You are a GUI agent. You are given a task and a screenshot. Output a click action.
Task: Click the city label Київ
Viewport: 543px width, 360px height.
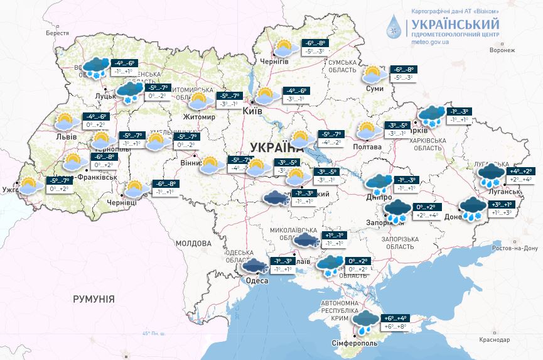253,111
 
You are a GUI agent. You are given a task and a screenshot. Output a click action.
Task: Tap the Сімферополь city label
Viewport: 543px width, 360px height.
354,343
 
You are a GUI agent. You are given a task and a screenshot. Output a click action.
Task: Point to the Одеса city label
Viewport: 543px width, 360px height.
256,280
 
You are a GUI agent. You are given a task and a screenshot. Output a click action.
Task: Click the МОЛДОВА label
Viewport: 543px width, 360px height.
193,243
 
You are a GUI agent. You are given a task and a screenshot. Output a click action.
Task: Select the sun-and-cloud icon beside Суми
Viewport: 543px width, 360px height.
374,75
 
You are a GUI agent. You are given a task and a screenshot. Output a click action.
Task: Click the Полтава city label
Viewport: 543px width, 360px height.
367,146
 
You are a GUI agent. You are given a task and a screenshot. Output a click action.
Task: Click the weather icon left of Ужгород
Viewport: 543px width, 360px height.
29,185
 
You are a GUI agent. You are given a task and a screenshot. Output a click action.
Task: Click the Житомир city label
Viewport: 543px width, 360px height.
198,117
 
